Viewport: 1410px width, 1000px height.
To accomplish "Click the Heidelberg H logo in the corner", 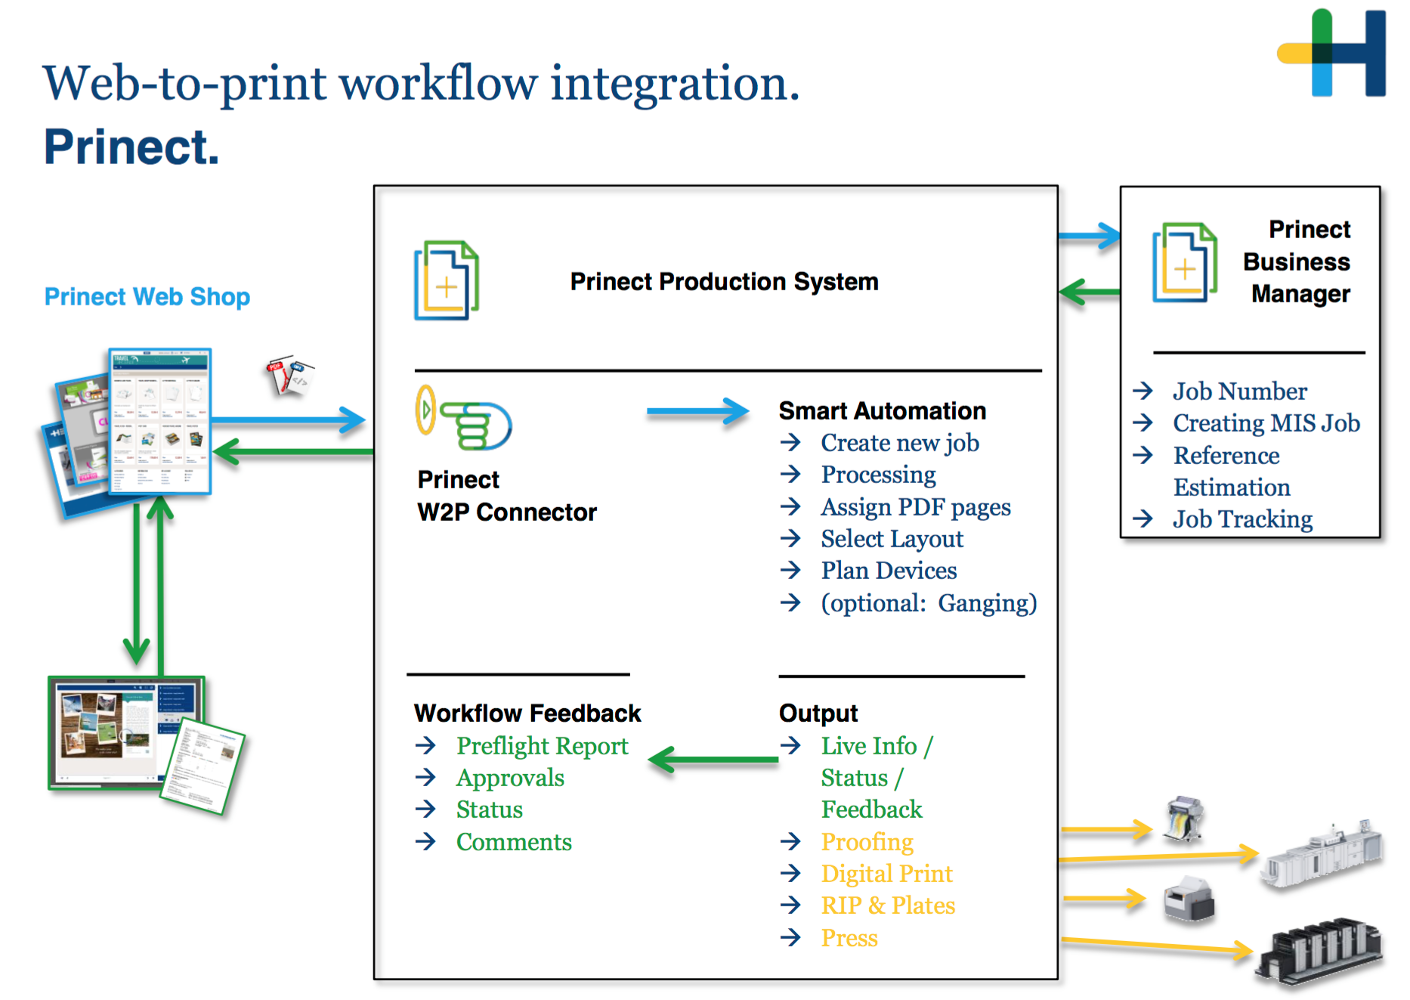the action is tap(1331, 52).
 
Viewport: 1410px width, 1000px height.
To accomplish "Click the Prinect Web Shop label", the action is tap(147, 297).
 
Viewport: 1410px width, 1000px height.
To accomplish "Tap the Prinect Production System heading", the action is tap(724, 282).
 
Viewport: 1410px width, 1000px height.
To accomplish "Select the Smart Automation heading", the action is tap(883, 410).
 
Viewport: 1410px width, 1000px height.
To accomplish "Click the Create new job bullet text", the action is tap(900, 443).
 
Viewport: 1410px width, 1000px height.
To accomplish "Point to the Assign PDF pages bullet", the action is tap(916, 507).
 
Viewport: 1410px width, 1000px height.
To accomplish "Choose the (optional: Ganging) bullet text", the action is tap(929, 603).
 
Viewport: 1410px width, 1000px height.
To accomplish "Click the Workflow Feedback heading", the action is tap(527, 714).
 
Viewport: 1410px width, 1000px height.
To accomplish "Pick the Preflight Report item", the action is tap(542, 746).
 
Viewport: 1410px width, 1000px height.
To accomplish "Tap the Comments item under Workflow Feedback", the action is tap(514, 842).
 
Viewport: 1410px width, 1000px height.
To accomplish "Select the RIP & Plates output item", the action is tap(888, 906).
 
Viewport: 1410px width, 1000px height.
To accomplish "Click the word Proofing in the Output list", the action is tap(867, 842).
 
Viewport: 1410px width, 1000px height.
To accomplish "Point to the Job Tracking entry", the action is tap(1242, 519).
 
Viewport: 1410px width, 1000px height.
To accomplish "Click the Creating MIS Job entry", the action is tap(1266, 423).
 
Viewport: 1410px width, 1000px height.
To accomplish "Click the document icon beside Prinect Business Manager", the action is tap(1184, 262).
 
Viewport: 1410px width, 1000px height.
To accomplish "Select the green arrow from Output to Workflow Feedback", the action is tap(713, 760).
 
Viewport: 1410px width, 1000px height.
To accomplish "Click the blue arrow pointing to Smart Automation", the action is tap(697, 412).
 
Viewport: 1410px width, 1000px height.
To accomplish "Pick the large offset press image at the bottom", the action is tap(1319, 952).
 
